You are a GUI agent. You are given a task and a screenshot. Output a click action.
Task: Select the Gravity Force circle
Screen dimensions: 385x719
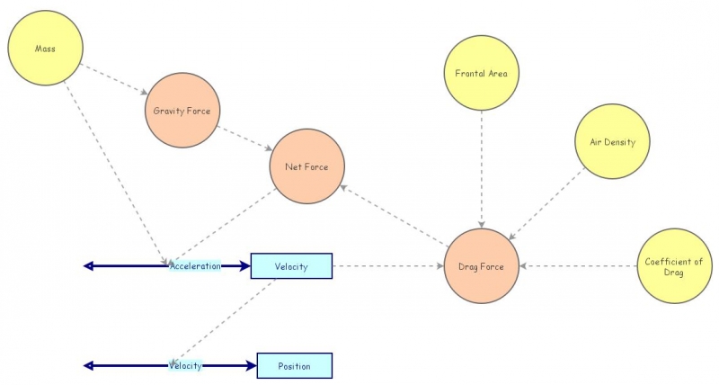pyautogui.click(x=182, y=111)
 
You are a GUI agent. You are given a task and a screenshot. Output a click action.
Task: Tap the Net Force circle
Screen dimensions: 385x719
pyautogui.click(x=306, y=166)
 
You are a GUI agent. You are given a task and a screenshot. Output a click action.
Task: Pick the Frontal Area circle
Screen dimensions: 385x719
pyautogui.click(x=483, y=73)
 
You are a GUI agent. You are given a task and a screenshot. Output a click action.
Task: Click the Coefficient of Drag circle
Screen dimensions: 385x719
pyautogui.click(x=674, y=266)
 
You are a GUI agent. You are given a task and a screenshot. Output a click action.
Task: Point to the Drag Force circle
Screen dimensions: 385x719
pyautogui.click(x=482, y=266)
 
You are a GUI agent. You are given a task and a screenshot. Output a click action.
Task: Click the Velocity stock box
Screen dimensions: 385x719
pyautogui.click(x=291, y=266)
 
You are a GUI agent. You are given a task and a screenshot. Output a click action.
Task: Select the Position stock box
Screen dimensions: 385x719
pyautogui.click(x=294, y=366)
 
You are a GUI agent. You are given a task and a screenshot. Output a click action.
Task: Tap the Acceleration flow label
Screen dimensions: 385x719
pyautogui.click(x=195, y=266)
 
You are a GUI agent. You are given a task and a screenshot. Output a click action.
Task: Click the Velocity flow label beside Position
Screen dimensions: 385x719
pyautogui.click(x=185, y=366)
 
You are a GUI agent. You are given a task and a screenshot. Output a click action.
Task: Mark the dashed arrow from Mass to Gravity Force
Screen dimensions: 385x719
pyautogui.click(x=113, y=77)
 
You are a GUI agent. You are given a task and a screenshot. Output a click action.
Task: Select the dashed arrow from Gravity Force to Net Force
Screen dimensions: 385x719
pyautogui.click(x=244, y=138)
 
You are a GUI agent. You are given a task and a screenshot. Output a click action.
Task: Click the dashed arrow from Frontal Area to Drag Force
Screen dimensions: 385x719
pyautogui.click(x=483, y=169)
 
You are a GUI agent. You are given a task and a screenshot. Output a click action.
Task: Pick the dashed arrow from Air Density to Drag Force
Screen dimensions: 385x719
pyautogui.click(x=546, y=205)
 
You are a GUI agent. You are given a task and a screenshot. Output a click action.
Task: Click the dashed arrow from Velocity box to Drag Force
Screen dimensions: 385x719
pyautogui.click(x=388, y=266)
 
